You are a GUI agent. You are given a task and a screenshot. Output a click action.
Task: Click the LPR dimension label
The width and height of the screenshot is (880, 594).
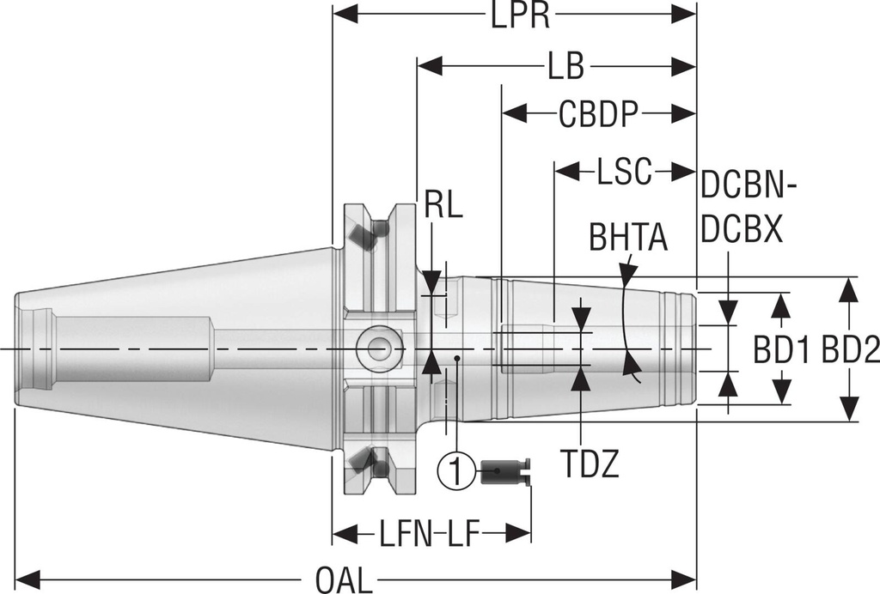521,15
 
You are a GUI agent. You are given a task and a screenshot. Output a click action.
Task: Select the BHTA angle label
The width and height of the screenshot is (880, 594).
628,238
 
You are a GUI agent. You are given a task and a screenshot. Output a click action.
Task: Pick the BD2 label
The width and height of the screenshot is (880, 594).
850,350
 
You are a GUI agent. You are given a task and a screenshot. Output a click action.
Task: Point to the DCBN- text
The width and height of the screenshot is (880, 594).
749,184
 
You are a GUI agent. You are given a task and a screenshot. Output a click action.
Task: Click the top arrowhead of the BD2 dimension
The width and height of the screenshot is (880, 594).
849,288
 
